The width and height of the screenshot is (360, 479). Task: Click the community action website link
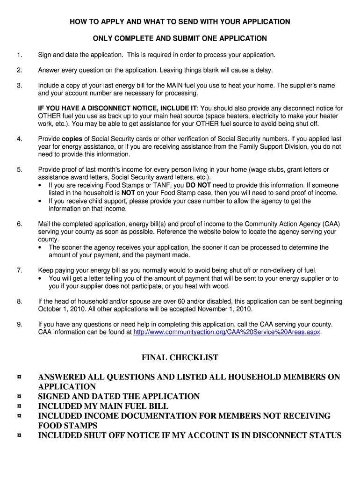click(227, 332)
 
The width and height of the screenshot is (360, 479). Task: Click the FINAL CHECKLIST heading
click(180, 358)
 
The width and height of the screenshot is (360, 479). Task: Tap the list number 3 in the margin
click(19, 86)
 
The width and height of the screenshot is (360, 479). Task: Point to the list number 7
click(19, 270)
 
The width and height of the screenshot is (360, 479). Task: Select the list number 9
click(19, 324)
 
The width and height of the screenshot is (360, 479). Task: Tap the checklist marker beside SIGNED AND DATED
click(19, 397)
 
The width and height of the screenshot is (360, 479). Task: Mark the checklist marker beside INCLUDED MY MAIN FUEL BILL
click(19, 406)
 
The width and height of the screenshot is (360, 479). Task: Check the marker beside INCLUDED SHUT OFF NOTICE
click(19, 436)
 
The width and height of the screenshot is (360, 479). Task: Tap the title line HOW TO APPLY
click(180, 22)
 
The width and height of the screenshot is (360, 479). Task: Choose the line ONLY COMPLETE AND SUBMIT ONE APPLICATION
click(180, 38)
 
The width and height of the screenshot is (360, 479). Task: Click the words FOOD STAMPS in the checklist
click(67, 426)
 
